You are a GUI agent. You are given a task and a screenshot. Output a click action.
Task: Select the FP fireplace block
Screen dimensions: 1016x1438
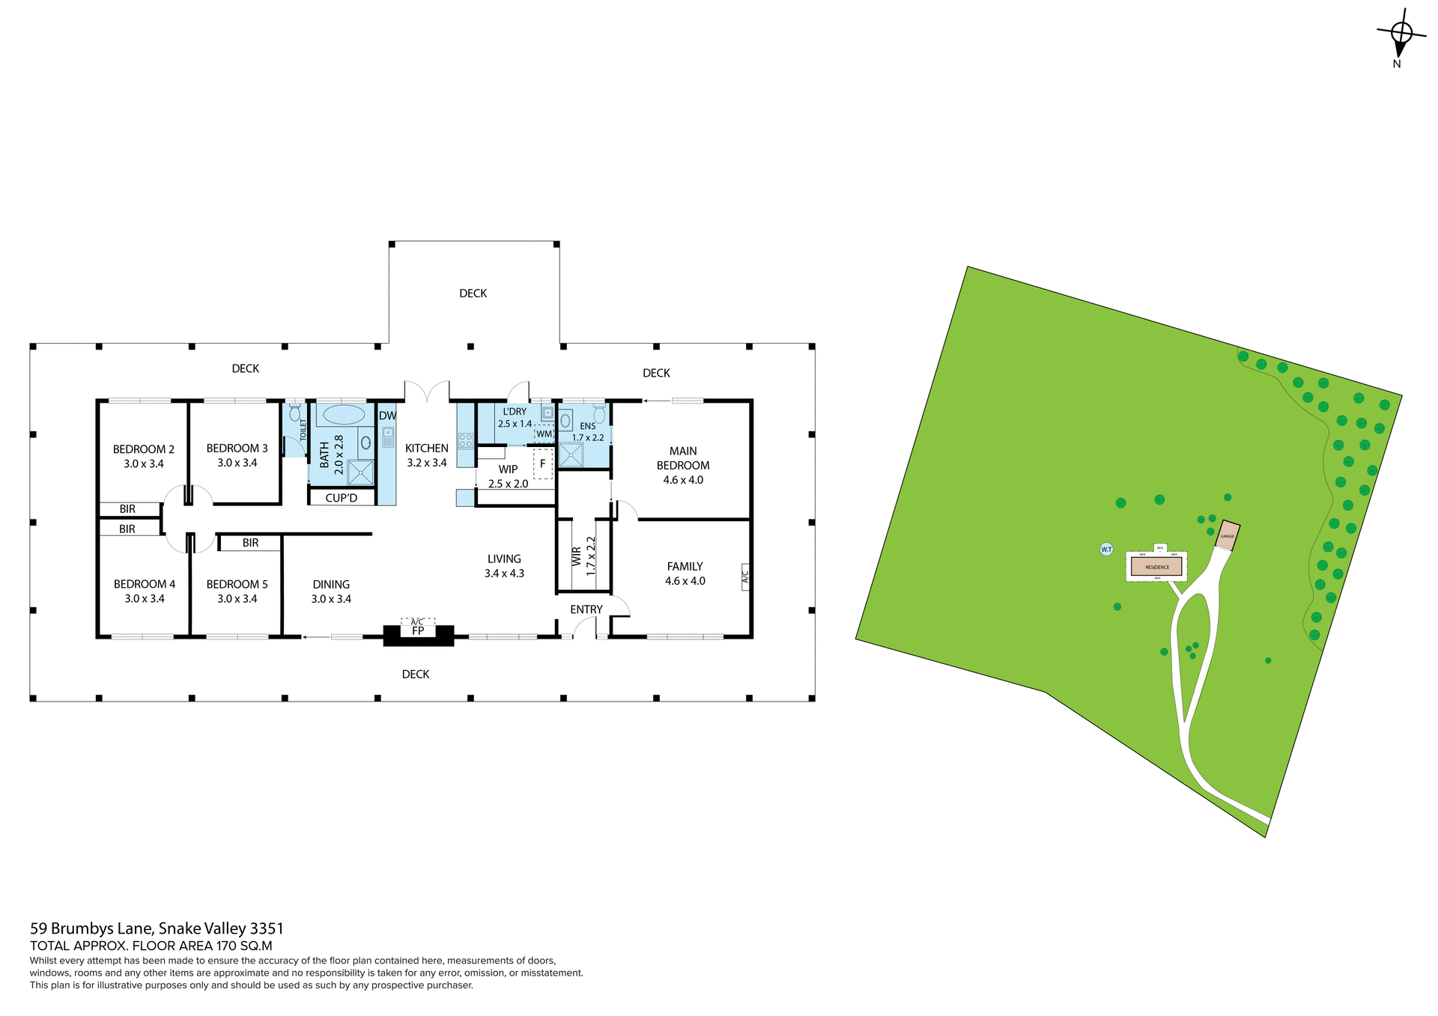(x=418, y=633)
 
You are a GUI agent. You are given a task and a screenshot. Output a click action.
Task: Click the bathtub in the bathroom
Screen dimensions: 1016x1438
(x=343, y=415)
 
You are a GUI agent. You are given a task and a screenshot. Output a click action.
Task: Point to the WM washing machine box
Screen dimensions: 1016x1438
(x=544, y=434)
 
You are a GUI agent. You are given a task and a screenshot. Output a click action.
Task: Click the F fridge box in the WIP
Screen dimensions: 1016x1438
(x=542, y=464)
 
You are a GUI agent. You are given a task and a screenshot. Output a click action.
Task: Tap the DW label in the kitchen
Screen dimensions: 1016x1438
(x=387, y=416)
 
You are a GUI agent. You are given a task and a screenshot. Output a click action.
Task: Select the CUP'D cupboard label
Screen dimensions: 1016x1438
(x=341, y=498)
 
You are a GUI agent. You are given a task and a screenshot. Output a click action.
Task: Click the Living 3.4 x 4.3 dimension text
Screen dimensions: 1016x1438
(x=504, y=574)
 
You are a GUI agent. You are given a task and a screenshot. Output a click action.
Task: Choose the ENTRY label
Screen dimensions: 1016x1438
(x=586, y=609)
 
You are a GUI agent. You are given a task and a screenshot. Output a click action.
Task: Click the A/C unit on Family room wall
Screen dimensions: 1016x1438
(x=745, y=577)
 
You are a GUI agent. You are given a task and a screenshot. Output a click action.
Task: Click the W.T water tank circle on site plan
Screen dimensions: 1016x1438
(x=1106, y=550)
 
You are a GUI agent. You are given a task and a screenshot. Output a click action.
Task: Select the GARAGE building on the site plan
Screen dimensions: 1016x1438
(x=1227, y=536)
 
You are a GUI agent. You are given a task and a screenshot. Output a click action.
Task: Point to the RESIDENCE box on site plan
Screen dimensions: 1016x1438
(x=1156, y=567)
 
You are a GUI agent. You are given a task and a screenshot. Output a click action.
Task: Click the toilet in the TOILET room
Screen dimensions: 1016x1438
(x=295, y=413)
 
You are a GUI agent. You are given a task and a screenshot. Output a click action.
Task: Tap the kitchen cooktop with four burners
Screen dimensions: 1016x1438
(x=465, y=440)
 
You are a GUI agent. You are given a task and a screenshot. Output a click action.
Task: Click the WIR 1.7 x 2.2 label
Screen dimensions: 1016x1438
(x=583, y=556)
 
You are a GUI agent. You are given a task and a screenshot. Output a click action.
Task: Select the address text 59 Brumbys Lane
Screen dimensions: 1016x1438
(x=157, y=928)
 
